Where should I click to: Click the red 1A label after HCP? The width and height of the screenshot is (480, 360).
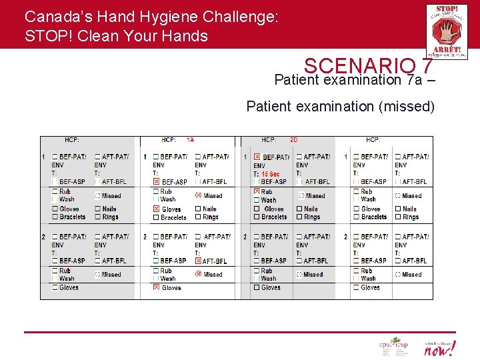point(190,140)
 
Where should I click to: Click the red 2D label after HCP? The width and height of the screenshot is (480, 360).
point(293,140)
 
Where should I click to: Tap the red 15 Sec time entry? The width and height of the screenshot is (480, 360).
point(270,173)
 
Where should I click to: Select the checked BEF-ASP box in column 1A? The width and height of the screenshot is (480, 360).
point(157,181)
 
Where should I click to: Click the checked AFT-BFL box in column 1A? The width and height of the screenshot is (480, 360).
point(198,261)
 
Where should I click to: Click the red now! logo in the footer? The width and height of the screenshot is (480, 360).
point(441,347)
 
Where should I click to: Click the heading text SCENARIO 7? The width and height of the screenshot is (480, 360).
point(368,66)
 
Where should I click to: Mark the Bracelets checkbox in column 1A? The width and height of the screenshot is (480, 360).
point(157,217)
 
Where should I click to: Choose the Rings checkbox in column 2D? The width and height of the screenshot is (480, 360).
point(299,217)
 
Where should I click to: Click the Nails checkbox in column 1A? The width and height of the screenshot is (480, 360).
point(198,209)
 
